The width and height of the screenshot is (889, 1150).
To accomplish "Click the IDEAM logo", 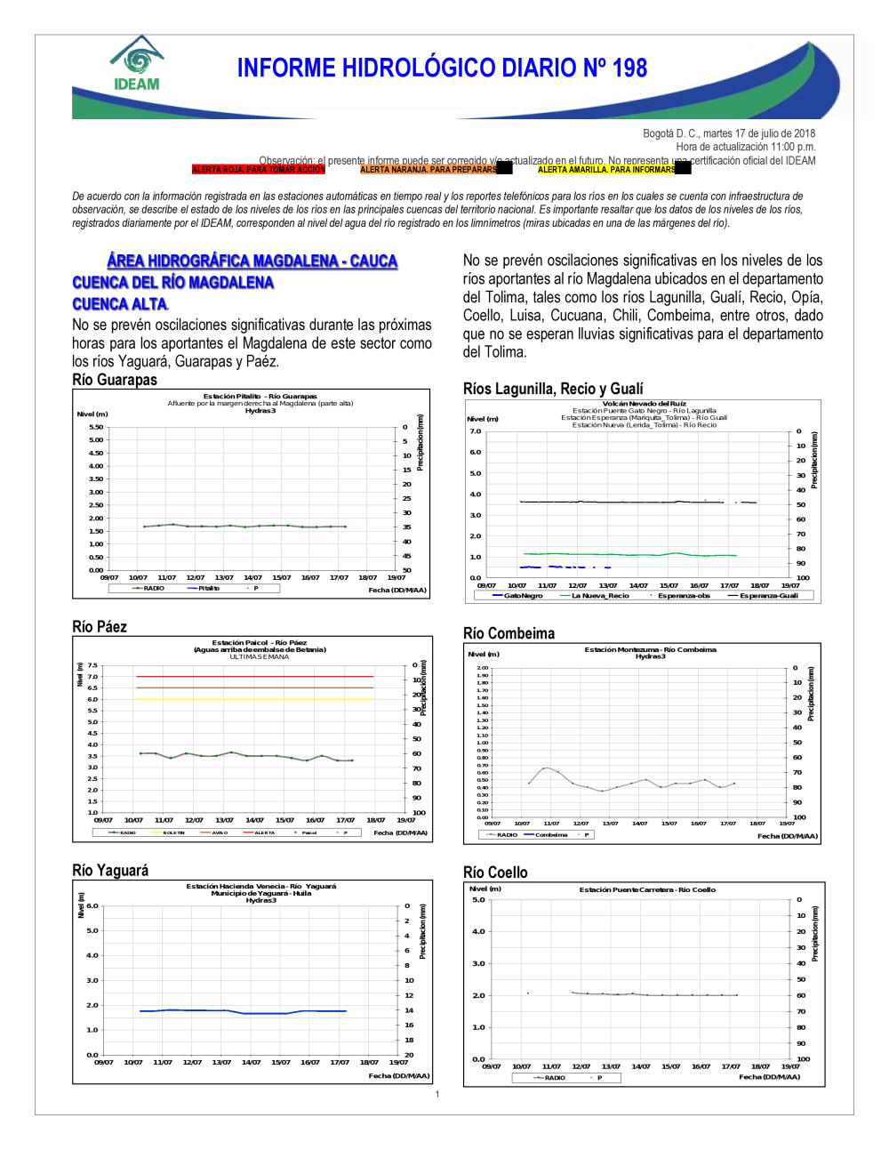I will pos(137,64).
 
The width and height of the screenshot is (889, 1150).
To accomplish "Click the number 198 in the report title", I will pos(629,68).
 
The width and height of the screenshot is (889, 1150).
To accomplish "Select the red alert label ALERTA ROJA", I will pos(259,169).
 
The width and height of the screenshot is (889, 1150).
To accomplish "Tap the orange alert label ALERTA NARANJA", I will pos(428,169).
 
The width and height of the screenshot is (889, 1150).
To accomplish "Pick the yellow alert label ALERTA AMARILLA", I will pos(606,169).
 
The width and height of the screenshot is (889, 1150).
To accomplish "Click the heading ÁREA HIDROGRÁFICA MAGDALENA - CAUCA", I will pos(252,261).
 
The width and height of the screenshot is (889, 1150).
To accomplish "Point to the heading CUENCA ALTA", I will pos(120,304).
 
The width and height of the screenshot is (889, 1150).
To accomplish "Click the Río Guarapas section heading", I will pos(115,380).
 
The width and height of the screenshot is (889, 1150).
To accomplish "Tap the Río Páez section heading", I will pos(100,627).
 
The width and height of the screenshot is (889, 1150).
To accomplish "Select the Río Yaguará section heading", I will pos(110,871).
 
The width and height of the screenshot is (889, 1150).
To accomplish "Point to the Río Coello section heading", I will pos(495,873).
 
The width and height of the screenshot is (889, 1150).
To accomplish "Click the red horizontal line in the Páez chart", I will pos(254,677).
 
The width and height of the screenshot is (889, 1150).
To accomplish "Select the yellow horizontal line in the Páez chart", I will pos(254,699).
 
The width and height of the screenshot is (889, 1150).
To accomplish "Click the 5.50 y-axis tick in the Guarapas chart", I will pos(96,427).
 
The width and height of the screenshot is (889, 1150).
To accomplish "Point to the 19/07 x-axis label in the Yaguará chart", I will pos(398,1062).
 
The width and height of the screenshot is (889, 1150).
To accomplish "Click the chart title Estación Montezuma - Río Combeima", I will pos(650,649).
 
